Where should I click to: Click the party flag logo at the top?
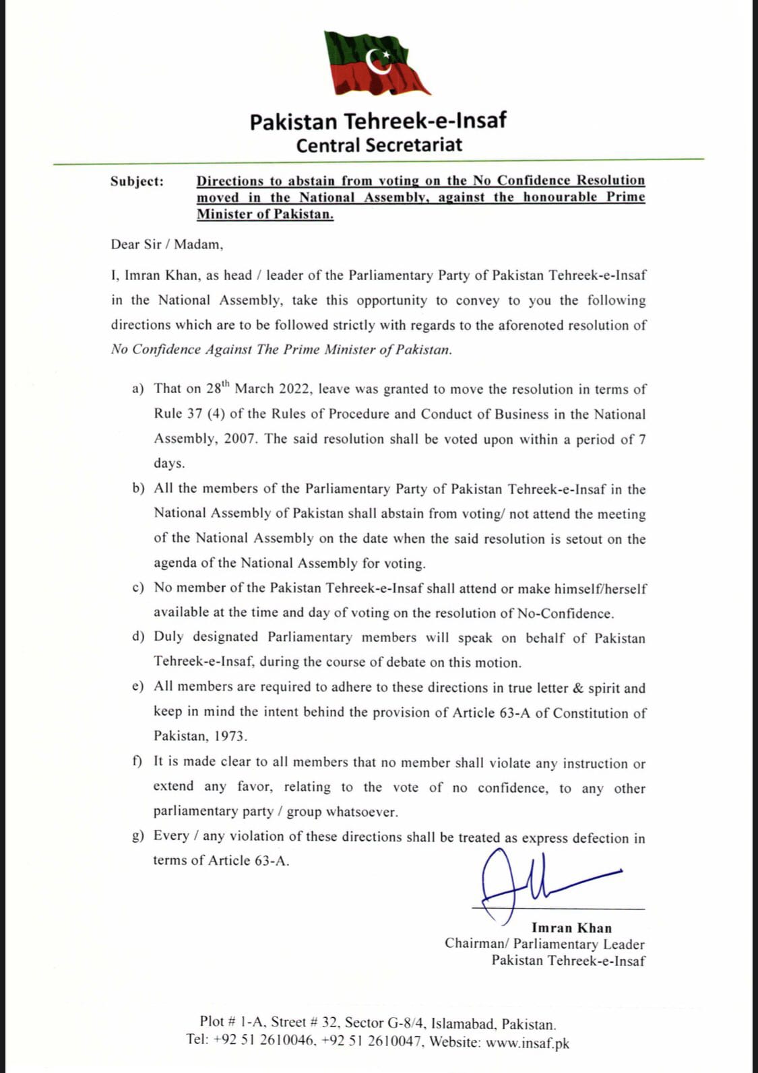(377, 64)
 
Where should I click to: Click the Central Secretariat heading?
(379, 145)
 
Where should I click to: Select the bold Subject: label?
(137, 181)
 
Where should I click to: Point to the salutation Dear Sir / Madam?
(167, 244)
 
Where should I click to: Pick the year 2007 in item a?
(239, 439)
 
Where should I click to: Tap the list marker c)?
(138, 588)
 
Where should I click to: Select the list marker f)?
(137, 761)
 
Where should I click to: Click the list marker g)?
(138, 836)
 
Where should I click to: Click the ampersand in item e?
(577, 688)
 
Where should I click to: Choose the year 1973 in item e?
(230, 736)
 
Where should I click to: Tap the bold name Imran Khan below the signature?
(571, 928)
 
